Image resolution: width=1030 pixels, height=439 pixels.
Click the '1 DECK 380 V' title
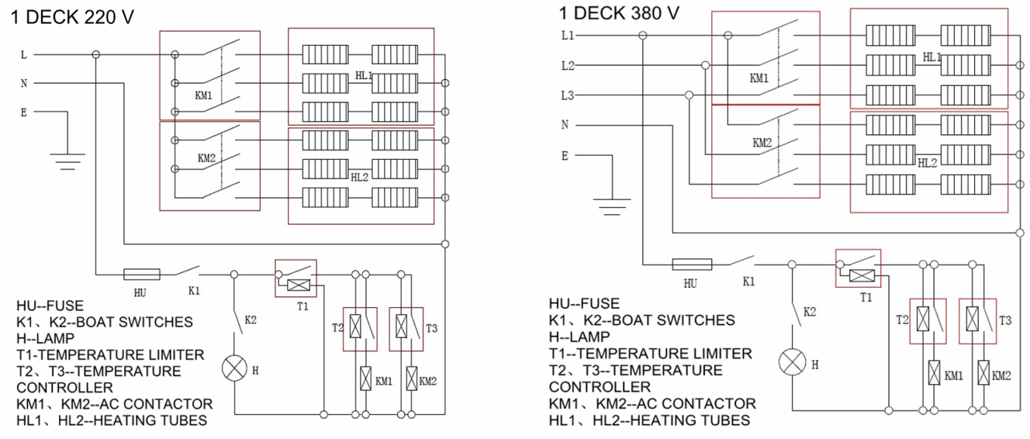pyautogui.click(x=619, y=13)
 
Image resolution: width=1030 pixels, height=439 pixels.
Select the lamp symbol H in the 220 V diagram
pyautogui.click(x=233, y=370)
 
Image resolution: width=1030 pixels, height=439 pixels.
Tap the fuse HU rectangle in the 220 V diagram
pyautogui.click(x=142, y=274)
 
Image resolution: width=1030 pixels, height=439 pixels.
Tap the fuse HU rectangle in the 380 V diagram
pyautogui.click(x=691, y=264)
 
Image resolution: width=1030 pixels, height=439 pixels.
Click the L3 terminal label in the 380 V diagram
pyautogui.click(x=568, y=95)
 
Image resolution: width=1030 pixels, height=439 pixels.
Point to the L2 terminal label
pyautogui.click(x=568, y=66)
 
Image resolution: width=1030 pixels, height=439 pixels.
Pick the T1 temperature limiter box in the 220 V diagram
pyautogui.click(x=296, y=278)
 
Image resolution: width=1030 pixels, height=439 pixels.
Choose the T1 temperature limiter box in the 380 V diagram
pyautogui.click(x=858, y=268)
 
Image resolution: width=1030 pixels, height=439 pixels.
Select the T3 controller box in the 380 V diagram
pyautogui.click(x=977, y=320)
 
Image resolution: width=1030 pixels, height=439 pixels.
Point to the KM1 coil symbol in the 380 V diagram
pyautogui.click(x=934, y=372)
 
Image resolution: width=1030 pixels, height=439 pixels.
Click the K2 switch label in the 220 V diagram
pyautogui.click(x=251, y=320)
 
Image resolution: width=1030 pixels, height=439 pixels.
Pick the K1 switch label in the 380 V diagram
pyautogui.click(x=748, y=282)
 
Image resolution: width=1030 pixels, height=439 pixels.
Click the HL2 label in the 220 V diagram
pyautogui.click(x=359, y=177)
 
